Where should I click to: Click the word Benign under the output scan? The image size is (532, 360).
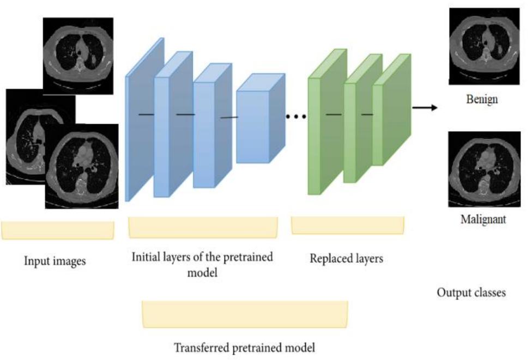(x=482, y=100)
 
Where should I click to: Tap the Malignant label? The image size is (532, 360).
(x=483, y=220)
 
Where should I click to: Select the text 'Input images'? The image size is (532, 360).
(x=55, y=261)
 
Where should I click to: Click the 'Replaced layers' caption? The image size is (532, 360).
(x=346, y=258)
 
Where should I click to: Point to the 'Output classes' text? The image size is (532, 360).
(x=471, y=293)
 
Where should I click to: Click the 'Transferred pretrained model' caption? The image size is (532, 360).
(x=244, y=347)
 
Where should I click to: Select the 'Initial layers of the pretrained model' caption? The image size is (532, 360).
(x=202, y=264)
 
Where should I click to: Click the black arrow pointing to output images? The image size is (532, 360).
(x=425, y=107)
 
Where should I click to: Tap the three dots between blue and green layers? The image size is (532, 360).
(x=296, y=116)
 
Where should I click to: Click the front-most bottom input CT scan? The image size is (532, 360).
(x=82, y=166)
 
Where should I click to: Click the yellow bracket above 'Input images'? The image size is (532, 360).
(x=57, y=230)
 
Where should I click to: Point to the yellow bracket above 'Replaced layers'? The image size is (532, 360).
(x=348, y=225)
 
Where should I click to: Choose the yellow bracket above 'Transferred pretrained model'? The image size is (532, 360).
(x=245, y=314)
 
